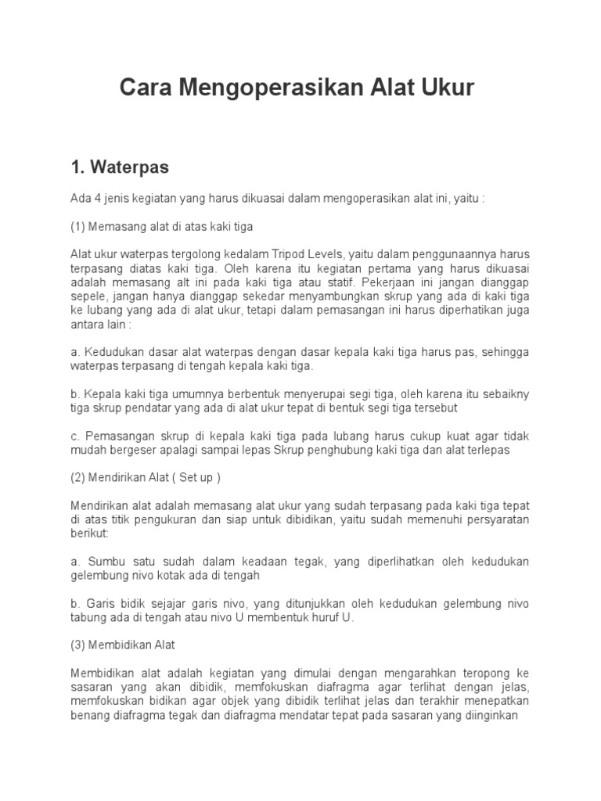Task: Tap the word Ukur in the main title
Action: click(x=448, y=88)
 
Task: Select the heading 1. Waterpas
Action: click(x=120, y=167)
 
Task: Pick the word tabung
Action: click(x=87, y=618)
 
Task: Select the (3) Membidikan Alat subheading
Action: click(x=123, y=645)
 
